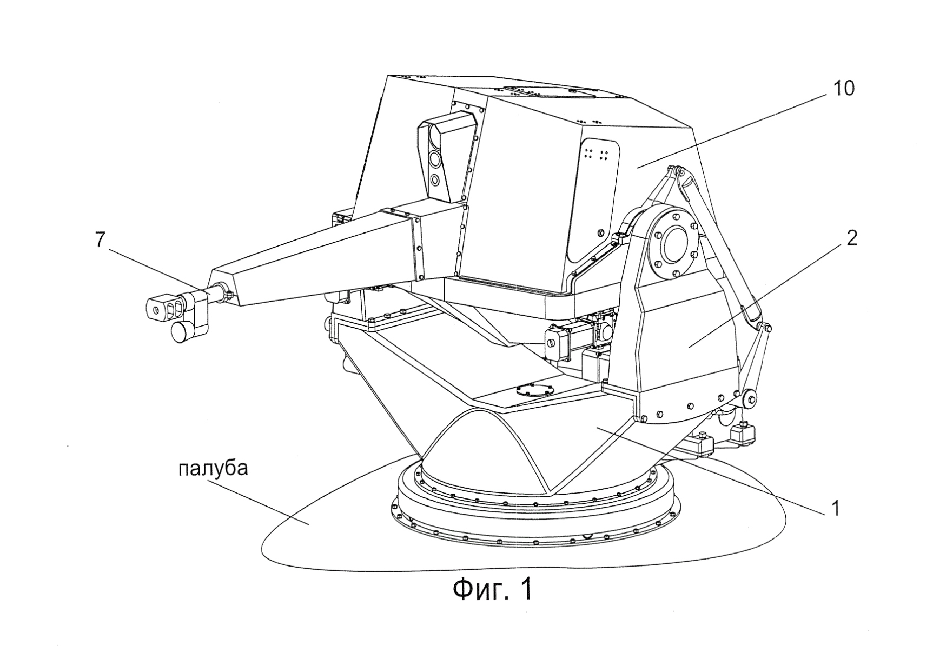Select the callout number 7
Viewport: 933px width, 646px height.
(99, 240)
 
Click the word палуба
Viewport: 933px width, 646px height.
(213, 468)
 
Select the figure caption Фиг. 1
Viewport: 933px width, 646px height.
(492, 590)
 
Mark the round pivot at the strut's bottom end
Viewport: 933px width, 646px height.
(749, 398)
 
